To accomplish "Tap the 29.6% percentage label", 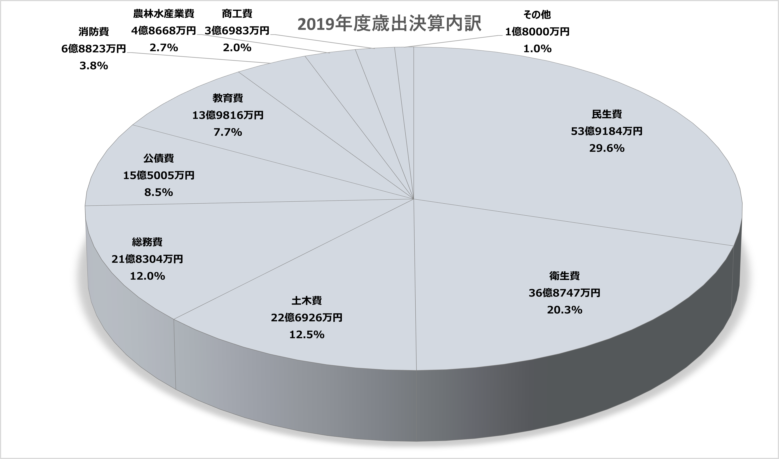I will [607, 148].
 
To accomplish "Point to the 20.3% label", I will [564, 310].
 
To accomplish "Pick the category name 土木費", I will [306, 301].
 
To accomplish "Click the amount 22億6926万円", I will [306, 318].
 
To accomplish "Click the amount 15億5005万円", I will [159, 175].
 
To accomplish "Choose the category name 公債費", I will [159, 158].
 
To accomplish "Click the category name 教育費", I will [228, 98].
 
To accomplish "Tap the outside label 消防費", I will [94, 32].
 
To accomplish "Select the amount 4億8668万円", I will [164, 31].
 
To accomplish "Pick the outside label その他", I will [537, 14].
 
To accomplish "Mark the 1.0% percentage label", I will [537, 48].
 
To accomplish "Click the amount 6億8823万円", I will [94, 48].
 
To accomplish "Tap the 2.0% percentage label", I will [237, 48].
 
